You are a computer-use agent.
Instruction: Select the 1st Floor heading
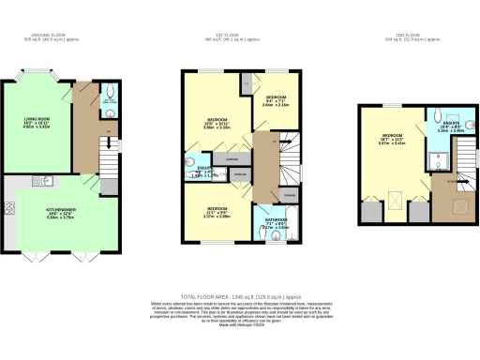pyautogui.click(x=241, y=37)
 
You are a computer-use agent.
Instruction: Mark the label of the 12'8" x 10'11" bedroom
pyautogui.click(x=217, y=122)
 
